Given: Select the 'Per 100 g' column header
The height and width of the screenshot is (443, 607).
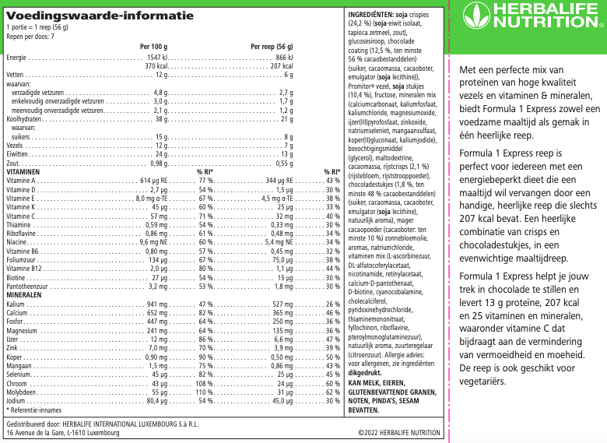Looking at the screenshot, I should (x=153, y=47).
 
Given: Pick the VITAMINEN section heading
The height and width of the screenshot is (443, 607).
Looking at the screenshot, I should (x=23, y=171).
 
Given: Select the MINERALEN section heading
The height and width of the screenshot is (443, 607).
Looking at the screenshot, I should (x=24, y=295).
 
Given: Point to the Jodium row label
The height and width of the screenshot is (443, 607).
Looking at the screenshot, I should (x=16, y=401).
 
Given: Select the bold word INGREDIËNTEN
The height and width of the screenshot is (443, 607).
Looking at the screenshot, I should (x=370, y=15).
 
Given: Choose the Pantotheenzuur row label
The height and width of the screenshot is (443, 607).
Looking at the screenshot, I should (x=28, y=286).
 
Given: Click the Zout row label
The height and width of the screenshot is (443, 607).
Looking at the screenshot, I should (x=13, y=163).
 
